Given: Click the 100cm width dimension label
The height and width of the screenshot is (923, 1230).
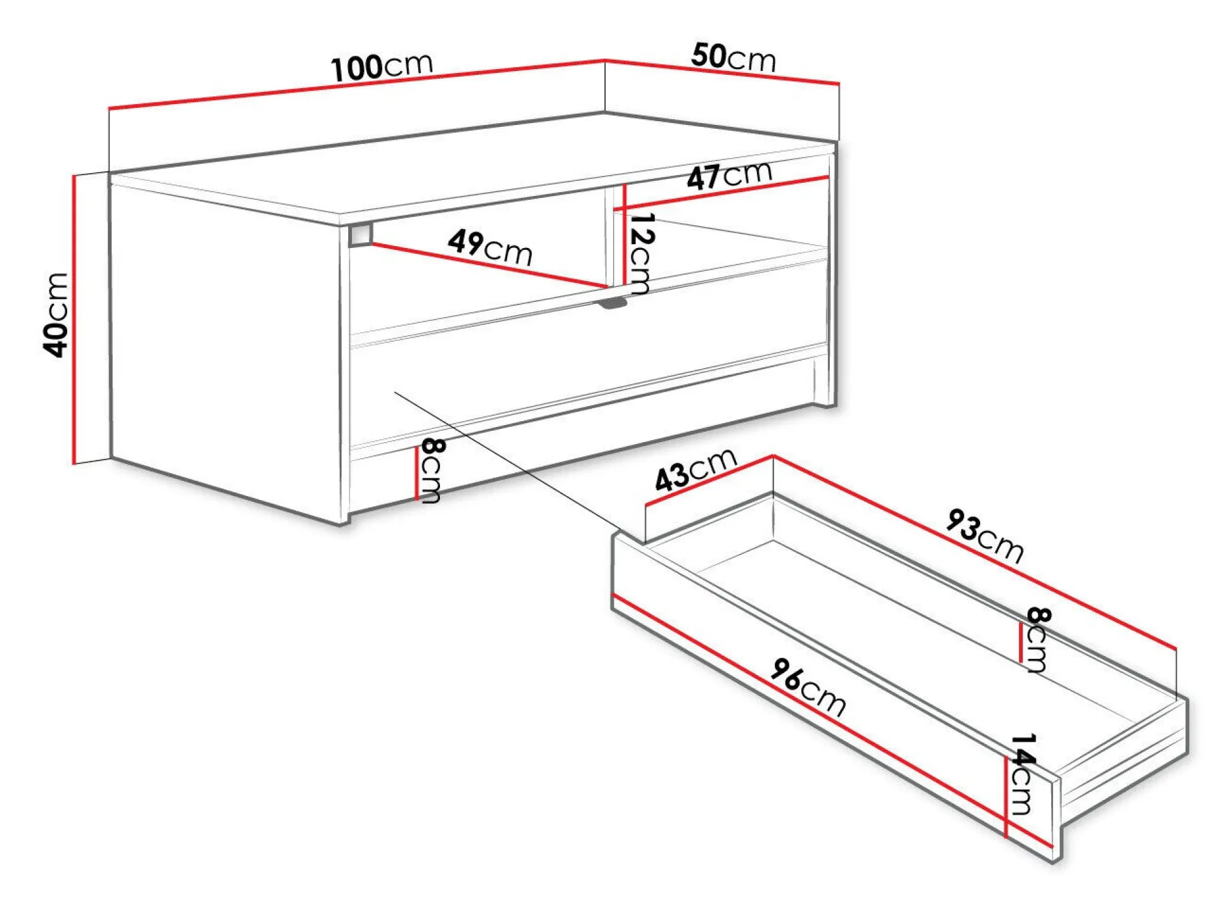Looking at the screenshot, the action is (x=382, y=66).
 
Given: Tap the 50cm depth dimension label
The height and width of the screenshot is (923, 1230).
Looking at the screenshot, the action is (x=734, y=56).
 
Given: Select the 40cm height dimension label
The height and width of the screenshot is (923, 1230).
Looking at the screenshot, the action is (x=56, y=315).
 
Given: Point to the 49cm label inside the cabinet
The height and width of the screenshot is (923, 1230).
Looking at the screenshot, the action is (x=490, y=247).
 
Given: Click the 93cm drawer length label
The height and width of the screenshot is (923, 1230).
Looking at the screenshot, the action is (x=985, y=536).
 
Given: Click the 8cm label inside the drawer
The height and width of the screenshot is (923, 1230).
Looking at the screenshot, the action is (x=1038, y=639).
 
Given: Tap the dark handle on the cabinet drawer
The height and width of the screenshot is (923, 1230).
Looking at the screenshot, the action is (x=612, y=303).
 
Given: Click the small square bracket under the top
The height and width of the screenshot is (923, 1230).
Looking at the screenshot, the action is (x=360, y=234).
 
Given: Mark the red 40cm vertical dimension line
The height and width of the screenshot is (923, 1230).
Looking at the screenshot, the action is (x=74, y=319).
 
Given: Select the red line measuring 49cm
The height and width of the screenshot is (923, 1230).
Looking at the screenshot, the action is (x=489, y=266).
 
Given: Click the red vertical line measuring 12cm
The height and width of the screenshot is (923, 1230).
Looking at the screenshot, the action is (x=625, y=235).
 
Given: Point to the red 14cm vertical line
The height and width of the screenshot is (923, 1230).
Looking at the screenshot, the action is (x=1006, y=797).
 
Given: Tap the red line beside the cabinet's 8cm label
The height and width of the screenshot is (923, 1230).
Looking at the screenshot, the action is (x=417, y=473).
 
